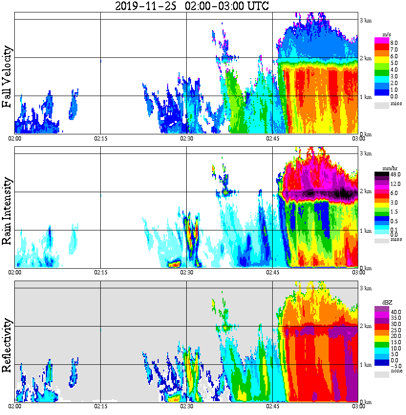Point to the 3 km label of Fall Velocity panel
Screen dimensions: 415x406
pos(366,20)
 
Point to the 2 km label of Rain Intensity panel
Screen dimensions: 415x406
pos(366,192)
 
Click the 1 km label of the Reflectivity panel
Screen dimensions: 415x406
pos(366,365)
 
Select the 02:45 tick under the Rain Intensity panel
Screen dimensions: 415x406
pos(272,272)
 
